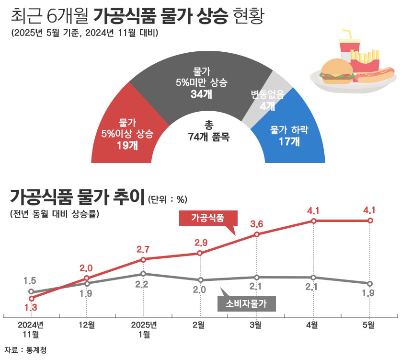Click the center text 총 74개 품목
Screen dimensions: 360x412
pos(208,131)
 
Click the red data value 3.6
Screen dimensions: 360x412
pos(257,224)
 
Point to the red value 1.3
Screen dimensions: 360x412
pos(31,307)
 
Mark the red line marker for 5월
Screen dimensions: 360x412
pos(370,221)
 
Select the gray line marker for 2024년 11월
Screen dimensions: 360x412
pos(31,291)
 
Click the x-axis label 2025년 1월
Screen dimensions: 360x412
pos(143,329)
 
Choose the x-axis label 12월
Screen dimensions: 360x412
pos(86,325)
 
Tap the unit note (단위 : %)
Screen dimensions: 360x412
pos(167,198)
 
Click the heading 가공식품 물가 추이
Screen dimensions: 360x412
pos(77,197)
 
